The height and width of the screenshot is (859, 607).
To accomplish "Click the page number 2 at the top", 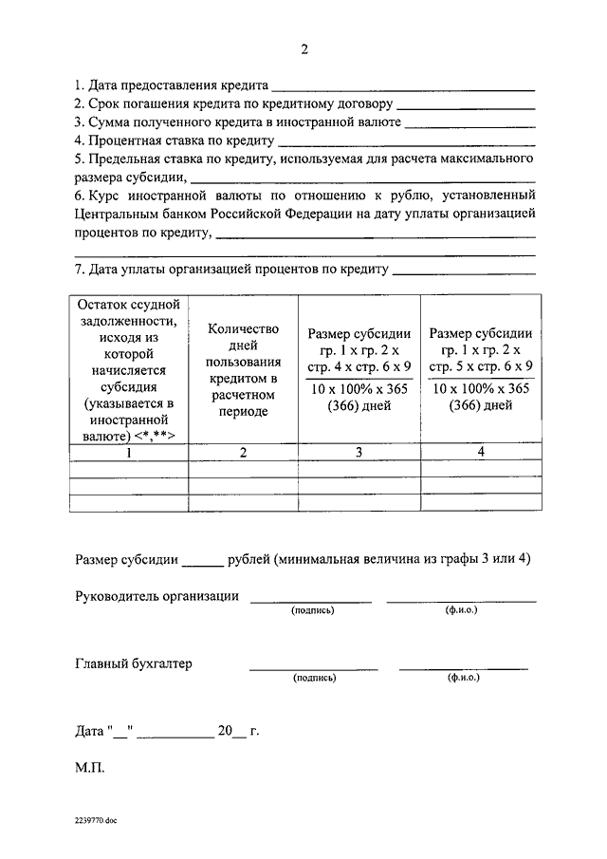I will [x=304, y=49].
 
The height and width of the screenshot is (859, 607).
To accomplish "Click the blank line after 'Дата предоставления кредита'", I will [x=403, y=88].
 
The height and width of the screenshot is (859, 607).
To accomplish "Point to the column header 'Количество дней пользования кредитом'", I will [x=243, y=370].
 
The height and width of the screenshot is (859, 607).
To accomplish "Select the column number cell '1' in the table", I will [x=129, y=452].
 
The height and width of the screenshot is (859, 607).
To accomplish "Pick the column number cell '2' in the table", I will [x=243, y=452].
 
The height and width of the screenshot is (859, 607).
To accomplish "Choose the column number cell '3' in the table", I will [x=359, y=452].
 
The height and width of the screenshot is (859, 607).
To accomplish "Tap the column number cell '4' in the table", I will [x=481, y=452].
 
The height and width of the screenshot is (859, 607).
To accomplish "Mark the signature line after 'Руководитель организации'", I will [x=311, y=600].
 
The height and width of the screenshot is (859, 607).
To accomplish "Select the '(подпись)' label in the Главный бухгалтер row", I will [x=313, y=679].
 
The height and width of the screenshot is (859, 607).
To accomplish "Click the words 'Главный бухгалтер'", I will [x=133, y=663].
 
